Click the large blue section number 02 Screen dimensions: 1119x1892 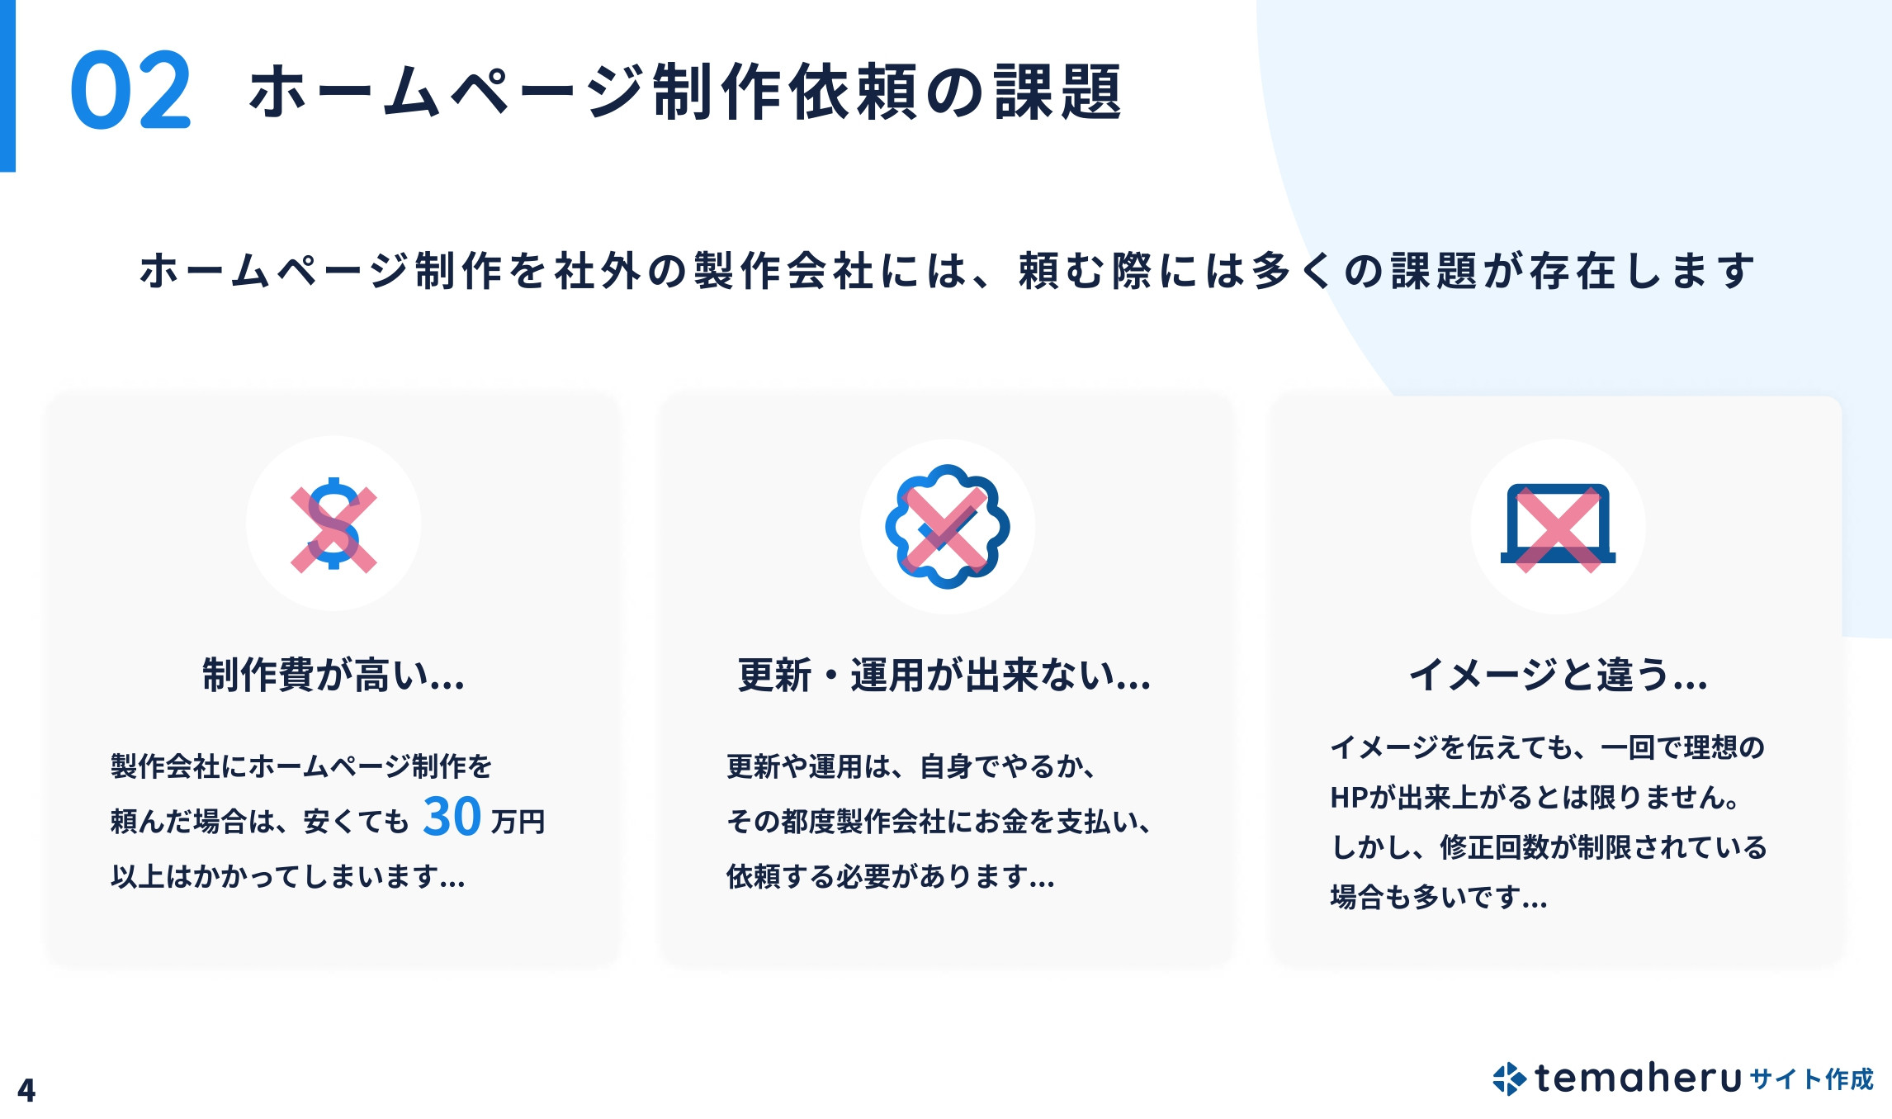coord(130,90)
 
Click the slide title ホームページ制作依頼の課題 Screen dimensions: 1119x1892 coord(685,92)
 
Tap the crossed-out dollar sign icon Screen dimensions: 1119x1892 coord(333,524)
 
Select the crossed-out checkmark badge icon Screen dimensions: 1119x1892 coord(947,527)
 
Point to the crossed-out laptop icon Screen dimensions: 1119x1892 coord(1558,527)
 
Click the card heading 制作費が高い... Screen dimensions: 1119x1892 coord(333,675)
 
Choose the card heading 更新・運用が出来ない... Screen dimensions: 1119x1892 coord(944,675)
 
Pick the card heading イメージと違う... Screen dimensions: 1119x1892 coord(1558,675)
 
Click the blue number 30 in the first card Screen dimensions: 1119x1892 coord(452,817)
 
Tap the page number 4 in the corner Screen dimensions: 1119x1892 coord(26,1090)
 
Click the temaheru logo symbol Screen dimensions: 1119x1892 coord(1509,1079)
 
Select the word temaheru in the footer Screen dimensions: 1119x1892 coord(1638,1079)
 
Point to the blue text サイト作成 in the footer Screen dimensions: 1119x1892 coord(1811,1079)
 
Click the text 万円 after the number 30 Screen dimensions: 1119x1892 coord(518,822)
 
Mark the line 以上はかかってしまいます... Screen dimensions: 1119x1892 coord(288,876)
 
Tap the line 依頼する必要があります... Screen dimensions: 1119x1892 coord(890,876)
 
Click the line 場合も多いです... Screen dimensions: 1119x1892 coord(1439,897)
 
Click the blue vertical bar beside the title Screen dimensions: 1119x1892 coord(7,86)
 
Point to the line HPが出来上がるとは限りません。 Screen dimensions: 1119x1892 coord(1536,797)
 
